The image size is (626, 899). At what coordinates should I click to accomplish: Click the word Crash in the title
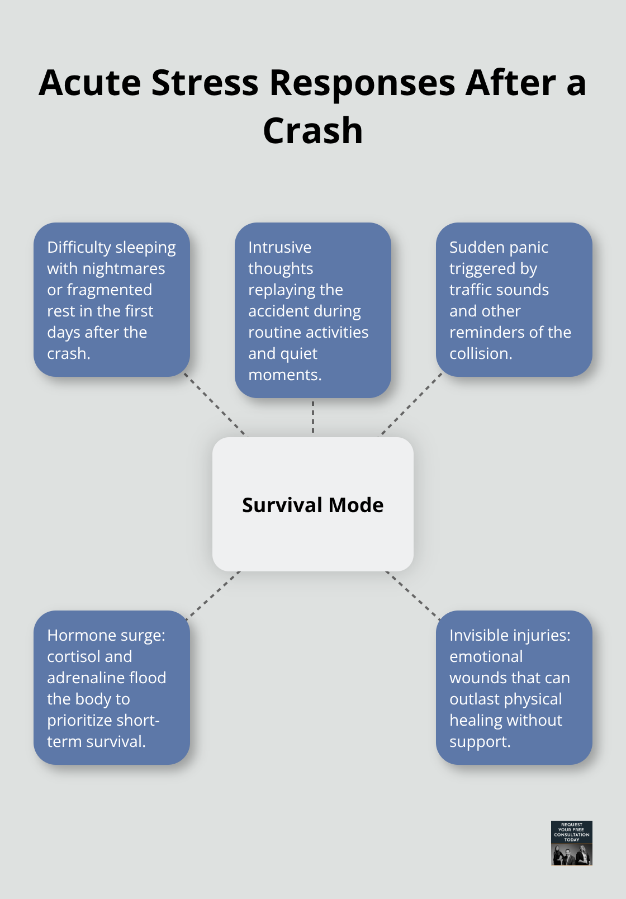coord(313,131)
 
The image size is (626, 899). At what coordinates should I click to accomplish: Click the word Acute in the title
coord(90,83)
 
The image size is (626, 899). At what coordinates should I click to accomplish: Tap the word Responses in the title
coord(362,83)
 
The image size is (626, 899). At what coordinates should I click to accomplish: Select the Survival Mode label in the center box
coord(313,505)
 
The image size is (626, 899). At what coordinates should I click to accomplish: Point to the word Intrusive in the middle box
coord(279,247)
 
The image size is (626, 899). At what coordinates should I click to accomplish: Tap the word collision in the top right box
coord(480,354)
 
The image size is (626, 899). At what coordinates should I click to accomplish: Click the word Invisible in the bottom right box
coord(482,635)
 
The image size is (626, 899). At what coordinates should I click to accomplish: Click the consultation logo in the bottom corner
coord(571,843)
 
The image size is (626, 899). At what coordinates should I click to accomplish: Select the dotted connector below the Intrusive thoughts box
coord(313,417)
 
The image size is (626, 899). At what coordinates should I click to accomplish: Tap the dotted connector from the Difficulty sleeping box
coord(215,405)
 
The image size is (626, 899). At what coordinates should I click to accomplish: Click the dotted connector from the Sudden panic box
coord(411,405)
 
